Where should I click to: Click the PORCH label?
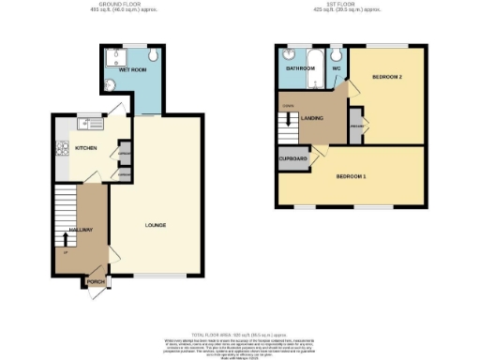point(96,280)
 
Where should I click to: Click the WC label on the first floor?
point(335,68)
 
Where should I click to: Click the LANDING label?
point(311,116)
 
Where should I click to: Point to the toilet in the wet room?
point(154,55)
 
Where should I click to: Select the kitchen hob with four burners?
point(62,147)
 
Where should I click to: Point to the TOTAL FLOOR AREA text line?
point(239,334)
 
